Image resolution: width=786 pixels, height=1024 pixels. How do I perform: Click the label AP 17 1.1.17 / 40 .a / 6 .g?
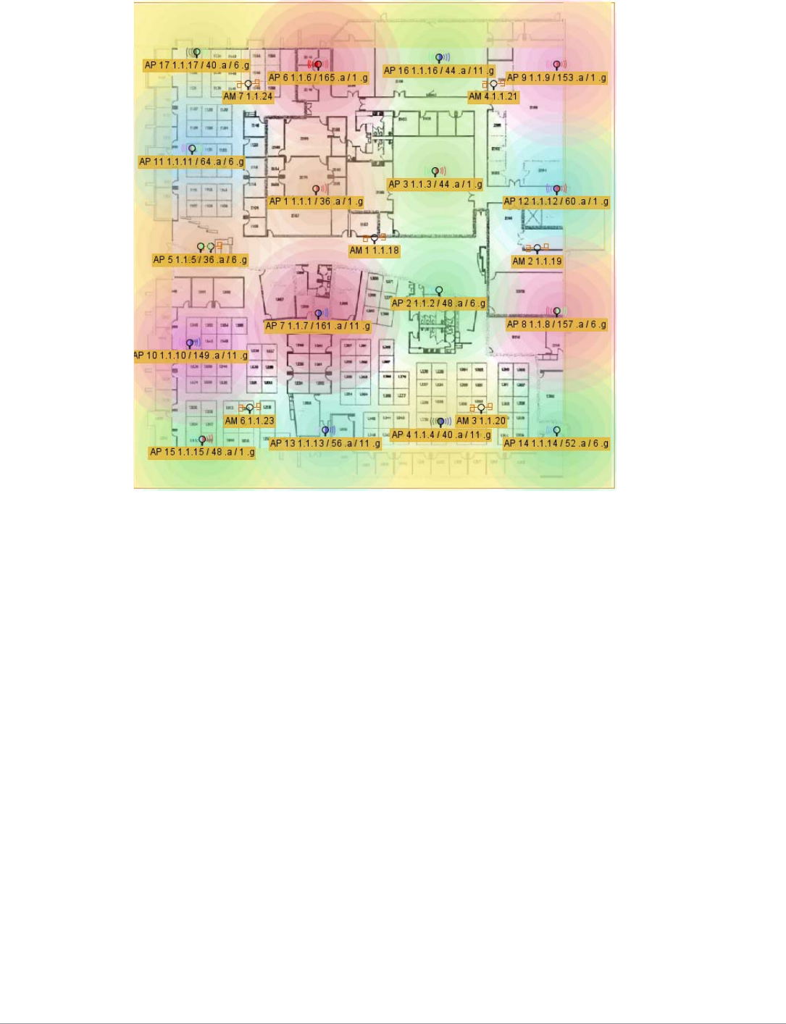pyautogui.click(x=196, y=65)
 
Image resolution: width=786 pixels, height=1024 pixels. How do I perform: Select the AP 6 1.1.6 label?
pyautogui.click(x=318, y=77)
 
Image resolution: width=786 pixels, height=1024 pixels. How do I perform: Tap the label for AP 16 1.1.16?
pyautogui.click(x=438, y=70)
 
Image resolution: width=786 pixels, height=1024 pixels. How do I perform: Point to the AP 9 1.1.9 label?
pyautogui.click(x=556, y=77)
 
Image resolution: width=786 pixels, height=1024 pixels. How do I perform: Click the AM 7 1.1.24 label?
pyautogui.click(x=248, y=96)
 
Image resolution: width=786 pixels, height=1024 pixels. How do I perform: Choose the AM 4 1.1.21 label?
pyautogui.click(x=493, y=96)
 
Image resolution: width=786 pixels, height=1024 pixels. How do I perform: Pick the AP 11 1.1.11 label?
pyautogui.click(x=191, y=161)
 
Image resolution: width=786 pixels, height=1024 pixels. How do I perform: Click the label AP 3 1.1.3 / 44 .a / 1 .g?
pyautogui.click(x=435, y=184)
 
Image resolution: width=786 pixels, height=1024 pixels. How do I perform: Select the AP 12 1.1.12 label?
pyautogui.click(x=556, y=201)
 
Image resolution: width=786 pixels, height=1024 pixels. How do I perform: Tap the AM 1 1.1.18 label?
pyautogui.click(x=374, y=251)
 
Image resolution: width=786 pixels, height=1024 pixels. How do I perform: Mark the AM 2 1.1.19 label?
pyautogui.click(x=537, y=261)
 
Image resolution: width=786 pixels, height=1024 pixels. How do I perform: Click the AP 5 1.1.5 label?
pyautogui.click(x=200, y=259)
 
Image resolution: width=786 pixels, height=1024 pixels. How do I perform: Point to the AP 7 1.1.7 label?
pyautogui.click(x=317, y=326)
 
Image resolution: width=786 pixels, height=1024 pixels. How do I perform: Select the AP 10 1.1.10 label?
pyautogui.click(x=191, y=356)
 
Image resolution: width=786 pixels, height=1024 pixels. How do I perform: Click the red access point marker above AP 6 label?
pyautogui.click(x=317, y=65)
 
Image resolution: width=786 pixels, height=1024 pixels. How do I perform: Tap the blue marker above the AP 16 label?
pyautogui.click(x=439, y=57)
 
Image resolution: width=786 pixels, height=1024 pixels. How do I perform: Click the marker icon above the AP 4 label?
pyautogui.click(x=440, y=421)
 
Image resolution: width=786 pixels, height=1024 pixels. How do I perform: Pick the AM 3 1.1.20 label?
pyautogui.click(x=480, y=421)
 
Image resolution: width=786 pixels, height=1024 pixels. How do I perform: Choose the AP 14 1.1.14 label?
pyautogui.click(x=556, y=443)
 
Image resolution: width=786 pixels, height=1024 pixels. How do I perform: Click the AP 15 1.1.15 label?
pyautogui.click(x=202, y=452)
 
